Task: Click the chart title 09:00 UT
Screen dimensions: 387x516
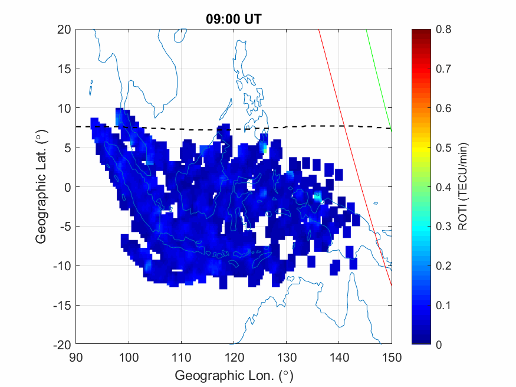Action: click(x=233, y=19)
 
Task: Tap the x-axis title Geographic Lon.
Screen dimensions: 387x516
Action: click(x=234, y=376)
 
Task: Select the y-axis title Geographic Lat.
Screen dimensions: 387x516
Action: click(x=41, y=188)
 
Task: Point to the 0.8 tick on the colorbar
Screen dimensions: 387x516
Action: click(x=443, y=29)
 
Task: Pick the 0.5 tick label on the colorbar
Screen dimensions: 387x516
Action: click(x=443, y=147)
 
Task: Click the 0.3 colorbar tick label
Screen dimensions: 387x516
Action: click(x=443, y=227)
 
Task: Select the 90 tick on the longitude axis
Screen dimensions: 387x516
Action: click(x=75, y=357)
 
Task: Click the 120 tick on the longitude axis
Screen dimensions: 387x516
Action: click(x=234, y=357)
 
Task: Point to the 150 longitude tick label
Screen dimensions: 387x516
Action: click(x=392, y=357)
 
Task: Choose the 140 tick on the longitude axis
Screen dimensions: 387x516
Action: click(x=339, y=357)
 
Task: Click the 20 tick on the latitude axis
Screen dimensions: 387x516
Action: click(x=64, y=29)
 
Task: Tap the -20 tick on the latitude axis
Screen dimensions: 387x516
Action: click(x=61, y=345)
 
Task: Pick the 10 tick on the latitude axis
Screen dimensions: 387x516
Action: click(x=64, y=108)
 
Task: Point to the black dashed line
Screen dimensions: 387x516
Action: click(x=177, y=128)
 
